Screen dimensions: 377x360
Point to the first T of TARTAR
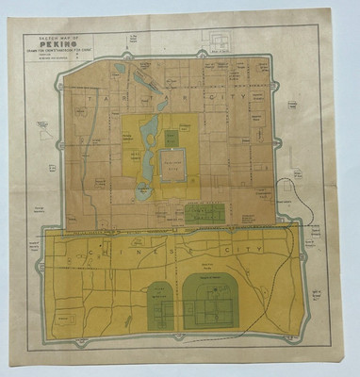[87, 95]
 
